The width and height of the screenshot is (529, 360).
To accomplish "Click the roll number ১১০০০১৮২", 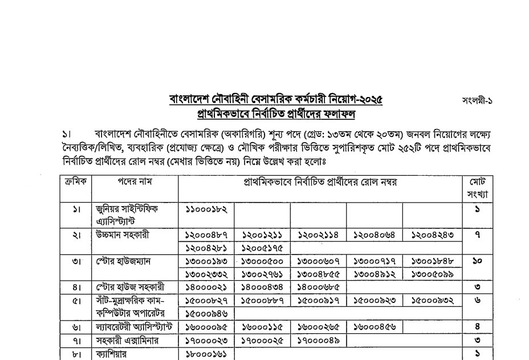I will (x=206, y=209).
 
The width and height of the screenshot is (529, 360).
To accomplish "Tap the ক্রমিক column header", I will (x=76, y=182).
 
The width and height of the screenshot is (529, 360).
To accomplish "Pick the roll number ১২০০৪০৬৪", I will (x=374, y=235).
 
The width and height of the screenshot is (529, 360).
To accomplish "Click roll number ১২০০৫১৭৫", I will (x=262, y=248).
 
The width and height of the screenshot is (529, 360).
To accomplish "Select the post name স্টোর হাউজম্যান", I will (x=123, y=261).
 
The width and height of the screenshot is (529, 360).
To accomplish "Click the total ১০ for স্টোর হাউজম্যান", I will (x=477, y=261).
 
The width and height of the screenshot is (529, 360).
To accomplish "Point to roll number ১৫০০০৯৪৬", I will (x=206, y=313).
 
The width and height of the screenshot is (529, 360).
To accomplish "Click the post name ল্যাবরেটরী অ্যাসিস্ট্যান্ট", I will (x=135, y=327).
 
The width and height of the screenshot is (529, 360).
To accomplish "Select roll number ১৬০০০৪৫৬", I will (x=374, y=327).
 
